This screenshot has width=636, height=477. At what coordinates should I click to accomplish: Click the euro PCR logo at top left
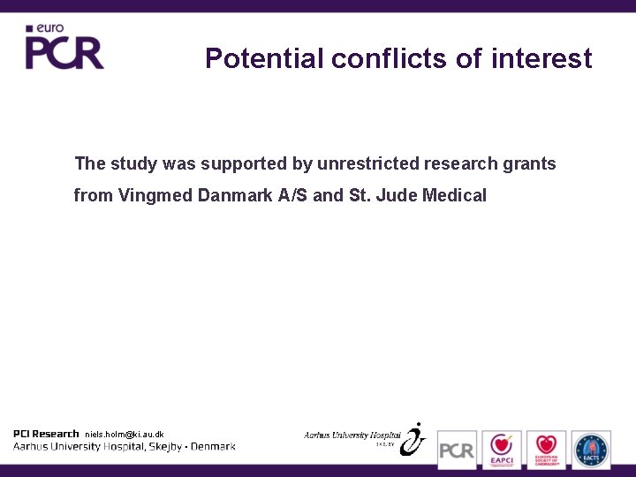pyautogui.click(x=64, y=48)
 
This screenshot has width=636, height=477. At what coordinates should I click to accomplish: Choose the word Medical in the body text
pyautogui.click(x=455, y=195)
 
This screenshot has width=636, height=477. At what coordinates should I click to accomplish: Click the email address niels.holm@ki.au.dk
pyautogui.click(x=124, y=435)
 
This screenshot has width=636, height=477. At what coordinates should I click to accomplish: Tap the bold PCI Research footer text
pyautogui.click(x=46, y=434)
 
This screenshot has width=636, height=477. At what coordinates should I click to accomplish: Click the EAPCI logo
pyautogui.click(x=502, y=449)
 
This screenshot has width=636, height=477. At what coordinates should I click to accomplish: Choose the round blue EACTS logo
pyautogui.click(x=591, y=449)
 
